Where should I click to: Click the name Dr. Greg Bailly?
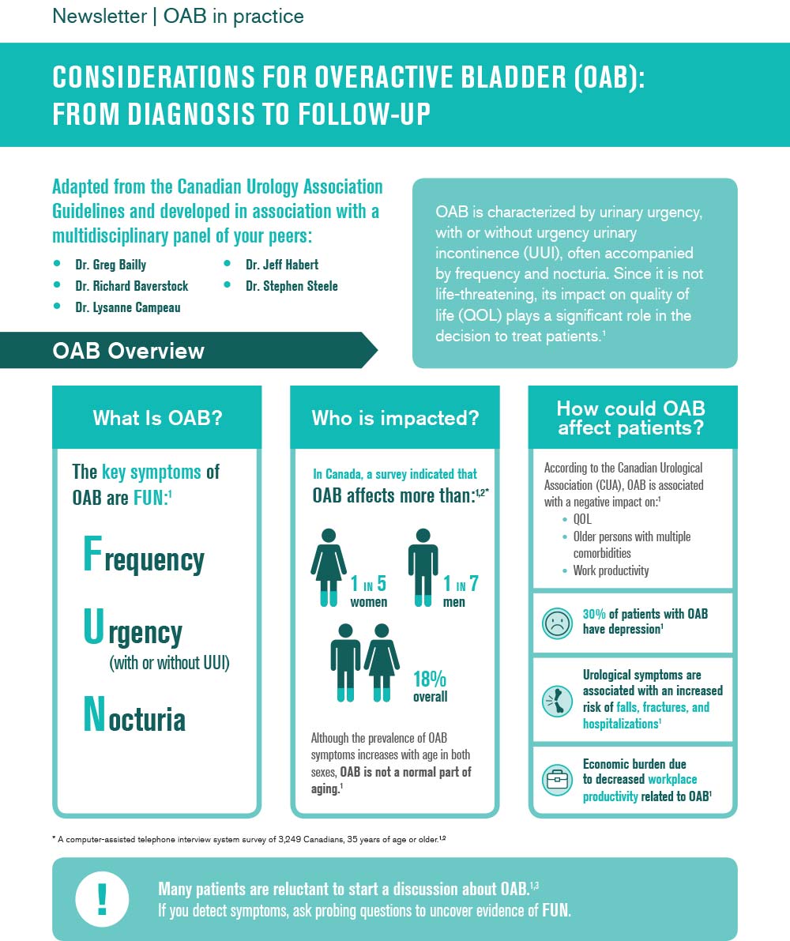111,265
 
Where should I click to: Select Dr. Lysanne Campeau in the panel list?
128,307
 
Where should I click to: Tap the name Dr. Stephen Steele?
292,286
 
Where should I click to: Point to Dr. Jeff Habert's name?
281,265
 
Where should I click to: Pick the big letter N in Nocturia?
94,715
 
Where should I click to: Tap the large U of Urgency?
93,629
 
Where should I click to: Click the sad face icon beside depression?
557,623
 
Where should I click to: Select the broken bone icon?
557,701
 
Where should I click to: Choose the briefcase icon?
557,781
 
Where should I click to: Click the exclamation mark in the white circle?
101,899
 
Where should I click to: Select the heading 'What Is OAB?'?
157,418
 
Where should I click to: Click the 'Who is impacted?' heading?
395,418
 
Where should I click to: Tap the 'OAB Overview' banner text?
128,351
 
